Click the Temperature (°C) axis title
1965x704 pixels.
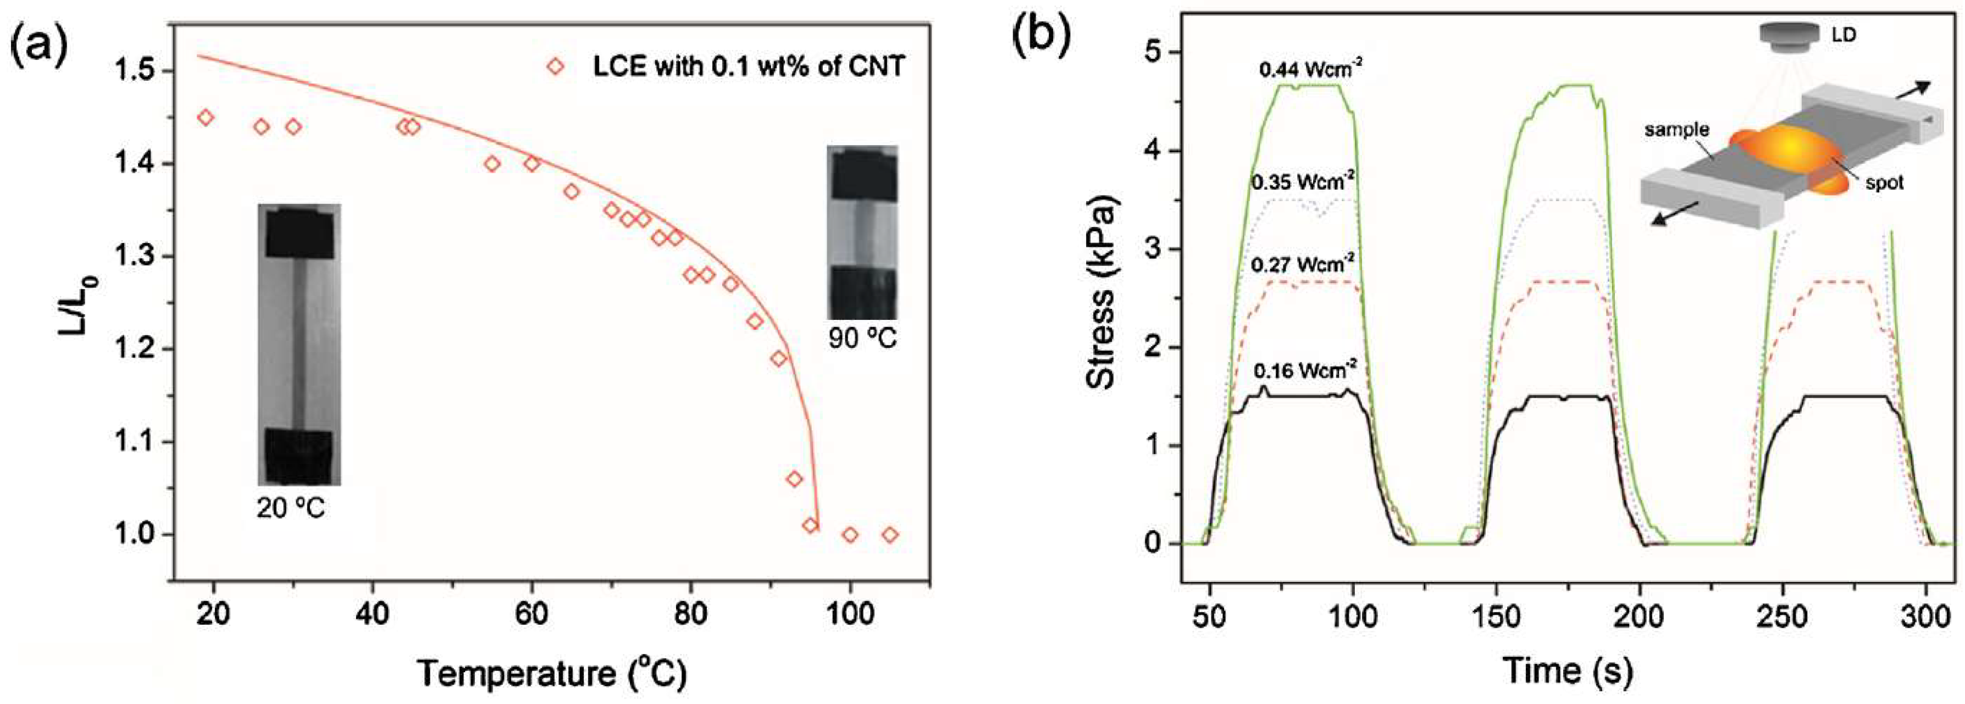[552, 672]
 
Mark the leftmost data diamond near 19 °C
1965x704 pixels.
[205, 118]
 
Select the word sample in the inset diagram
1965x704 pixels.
[1676, 130]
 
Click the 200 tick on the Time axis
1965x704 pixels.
[1640, 616]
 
